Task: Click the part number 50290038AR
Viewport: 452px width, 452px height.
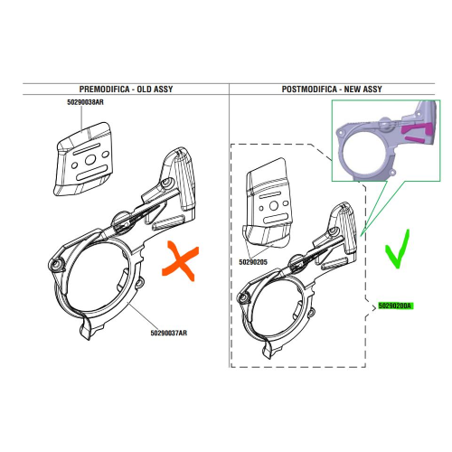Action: click(x=85, y=102)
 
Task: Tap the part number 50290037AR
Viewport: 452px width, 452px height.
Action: click(x=169, y=333)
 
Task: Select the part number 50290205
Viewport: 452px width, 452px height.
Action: click(x=253, y=262)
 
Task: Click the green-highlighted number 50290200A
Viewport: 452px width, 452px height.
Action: click(x=395, y=306)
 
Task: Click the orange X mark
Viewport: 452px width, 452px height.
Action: click(x=181, y=261)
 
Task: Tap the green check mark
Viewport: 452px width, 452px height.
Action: click(x=398, y=249)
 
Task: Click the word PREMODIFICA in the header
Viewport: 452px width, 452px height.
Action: click(x=104, y=89)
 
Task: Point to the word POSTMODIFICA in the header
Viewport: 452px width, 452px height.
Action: click(x=309, y=89)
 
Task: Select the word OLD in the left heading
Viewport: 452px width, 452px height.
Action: click(x=144, y=89)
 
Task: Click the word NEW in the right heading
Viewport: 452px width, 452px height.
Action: click(x=352, y=89)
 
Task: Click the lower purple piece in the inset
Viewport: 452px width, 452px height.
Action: click(x=414, y=139)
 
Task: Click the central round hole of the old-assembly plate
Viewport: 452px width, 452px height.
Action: click(x=90, y=160)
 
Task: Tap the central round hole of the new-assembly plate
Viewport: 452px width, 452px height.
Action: click(x=274, y=206)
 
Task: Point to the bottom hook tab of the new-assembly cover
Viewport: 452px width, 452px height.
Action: click(x=267, y=350)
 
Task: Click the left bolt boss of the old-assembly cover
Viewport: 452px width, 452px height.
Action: click(x=56, y=265)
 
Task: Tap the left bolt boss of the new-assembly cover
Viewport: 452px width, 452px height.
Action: click(x=242, y=298)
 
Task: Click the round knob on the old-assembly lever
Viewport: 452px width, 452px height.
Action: click(x=122, y=222)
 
